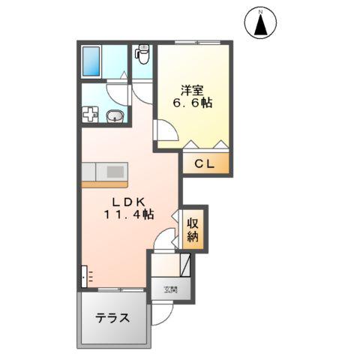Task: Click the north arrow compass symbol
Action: [x=261, y=22]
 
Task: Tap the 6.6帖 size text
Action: [x=192, y=103]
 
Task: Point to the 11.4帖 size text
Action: [x=129, y=214]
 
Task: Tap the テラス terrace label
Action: [x=112, y=317]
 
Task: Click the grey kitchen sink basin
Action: [x=114, y=172]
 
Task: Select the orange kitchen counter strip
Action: [x=104, y=182]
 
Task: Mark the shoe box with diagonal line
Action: [x=185, y=266]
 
